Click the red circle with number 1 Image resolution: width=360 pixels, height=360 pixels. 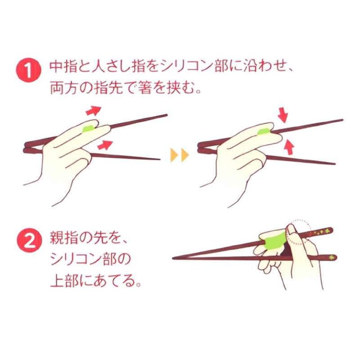29,70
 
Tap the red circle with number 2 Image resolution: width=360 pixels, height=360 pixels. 30,240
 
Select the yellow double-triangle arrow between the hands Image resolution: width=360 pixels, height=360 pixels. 180,155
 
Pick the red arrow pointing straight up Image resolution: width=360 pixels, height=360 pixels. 289,147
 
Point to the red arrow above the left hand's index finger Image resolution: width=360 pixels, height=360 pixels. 93,111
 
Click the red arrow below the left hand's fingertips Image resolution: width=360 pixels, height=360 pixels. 105,145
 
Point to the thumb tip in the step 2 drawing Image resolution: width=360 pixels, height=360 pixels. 291,228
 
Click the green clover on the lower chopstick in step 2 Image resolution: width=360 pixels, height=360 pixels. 331,257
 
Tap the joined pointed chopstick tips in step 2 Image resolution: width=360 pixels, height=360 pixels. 174,258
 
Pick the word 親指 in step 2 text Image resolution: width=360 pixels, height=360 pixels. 60,238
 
